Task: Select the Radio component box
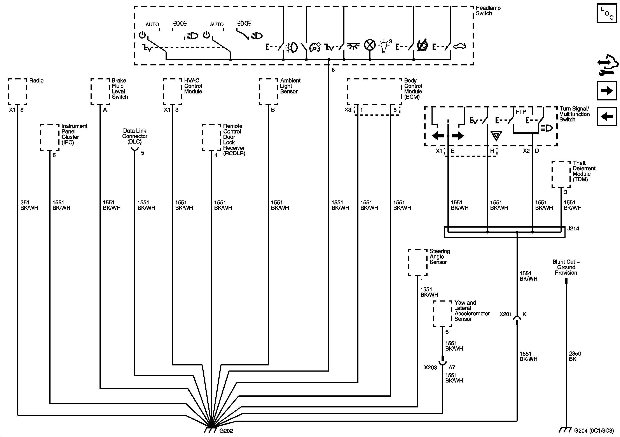(17, 92)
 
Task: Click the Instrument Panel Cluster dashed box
(50, 137)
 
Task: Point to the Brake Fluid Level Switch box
(100, 92)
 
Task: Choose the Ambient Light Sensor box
(268, 92)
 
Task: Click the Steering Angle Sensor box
(417, 262)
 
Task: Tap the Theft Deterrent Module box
(561, 174)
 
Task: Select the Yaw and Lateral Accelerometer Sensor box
(443, 314)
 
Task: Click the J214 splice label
(573, 229)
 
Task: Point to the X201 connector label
(505, 314)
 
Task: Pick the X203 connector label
(430, 368)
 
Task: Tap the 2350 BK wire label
(575, 356)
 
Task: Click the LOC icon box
(606, 13)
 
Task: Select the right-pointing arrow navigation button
(607, 91)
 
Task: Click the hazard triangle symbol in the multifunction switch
(496, 136)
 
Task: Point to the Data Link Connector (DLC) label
(135, 136)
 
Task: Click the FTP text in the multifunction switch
(521, 112)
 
